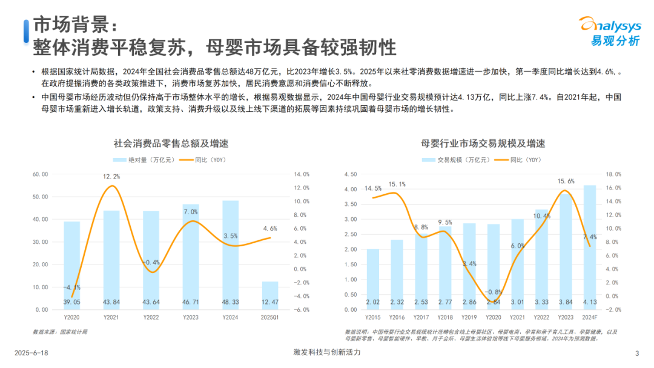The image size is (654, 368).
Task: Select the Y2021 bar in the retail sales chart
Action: [x=111, y=260]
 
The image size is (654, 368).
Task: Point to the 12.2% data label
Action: [x=111, y=177]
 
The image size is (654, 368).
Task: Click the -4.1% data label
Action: [x=72, y=287]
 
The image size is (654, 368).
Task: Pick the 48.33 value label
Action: [x=231, y=302]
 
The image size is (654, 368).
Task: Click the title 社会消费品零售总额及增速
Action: [x=175, y=143]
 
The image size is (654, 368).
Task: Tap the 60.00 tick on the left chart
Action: [x=40, y=174]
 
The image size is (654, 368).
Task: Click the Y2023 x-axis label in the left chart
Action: [x=191, y=317]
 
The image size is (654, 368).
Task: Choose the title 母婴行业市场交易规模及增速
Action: [x=483, y=143]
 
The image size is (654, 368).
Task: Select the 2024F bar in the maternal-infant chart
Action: [x=589, y=248]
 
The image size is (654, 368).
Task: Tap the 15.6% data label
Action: [x=566, y=181]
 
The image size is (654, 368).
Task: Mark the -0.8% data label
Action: [x=494, y=292]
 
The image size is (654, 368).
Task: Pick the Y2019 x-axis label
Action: [x=470, y=317]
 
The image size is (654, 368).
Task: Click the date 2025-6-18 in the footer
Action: [x=33, y=353]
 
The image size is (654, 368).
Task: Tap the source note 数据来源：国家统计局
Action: [x=60, y=332]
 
